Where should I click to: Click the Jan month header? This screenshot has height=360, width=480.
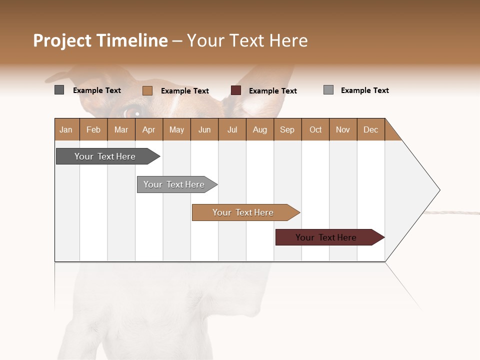66,129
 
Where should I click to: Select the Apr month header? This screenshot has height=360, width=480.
148,129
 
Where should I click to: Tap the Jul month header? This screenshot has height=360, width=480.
232,129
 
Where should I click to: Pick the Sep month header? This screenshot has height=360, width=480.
287,129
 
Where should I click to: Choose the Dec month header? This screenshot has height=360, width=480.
370,129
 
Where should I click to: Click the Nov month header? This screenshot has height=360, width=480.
342,129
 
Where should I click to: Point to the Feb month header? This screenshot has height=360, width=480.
93,129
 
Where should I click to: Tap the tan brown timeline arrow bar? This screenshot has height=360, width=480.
243,212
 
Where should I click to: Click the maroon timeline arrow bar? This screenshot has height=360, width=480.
326,237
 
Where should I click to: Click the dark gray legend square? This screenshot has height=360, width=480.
59,90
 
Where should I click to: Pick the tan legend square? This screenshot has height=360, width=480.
147,90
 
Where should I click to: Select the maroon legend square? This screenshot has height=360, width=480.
236,90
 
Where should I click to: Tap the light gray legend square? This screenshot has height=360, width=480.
328,90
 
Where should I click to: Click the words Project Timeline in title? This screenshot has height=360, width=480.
100,40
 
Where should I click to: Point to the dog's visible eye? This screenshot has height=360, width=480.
133,112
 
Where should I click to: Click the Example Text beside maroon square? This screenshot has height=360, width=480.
272,90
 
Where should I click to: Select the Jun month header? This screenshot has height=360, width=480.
204,129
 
